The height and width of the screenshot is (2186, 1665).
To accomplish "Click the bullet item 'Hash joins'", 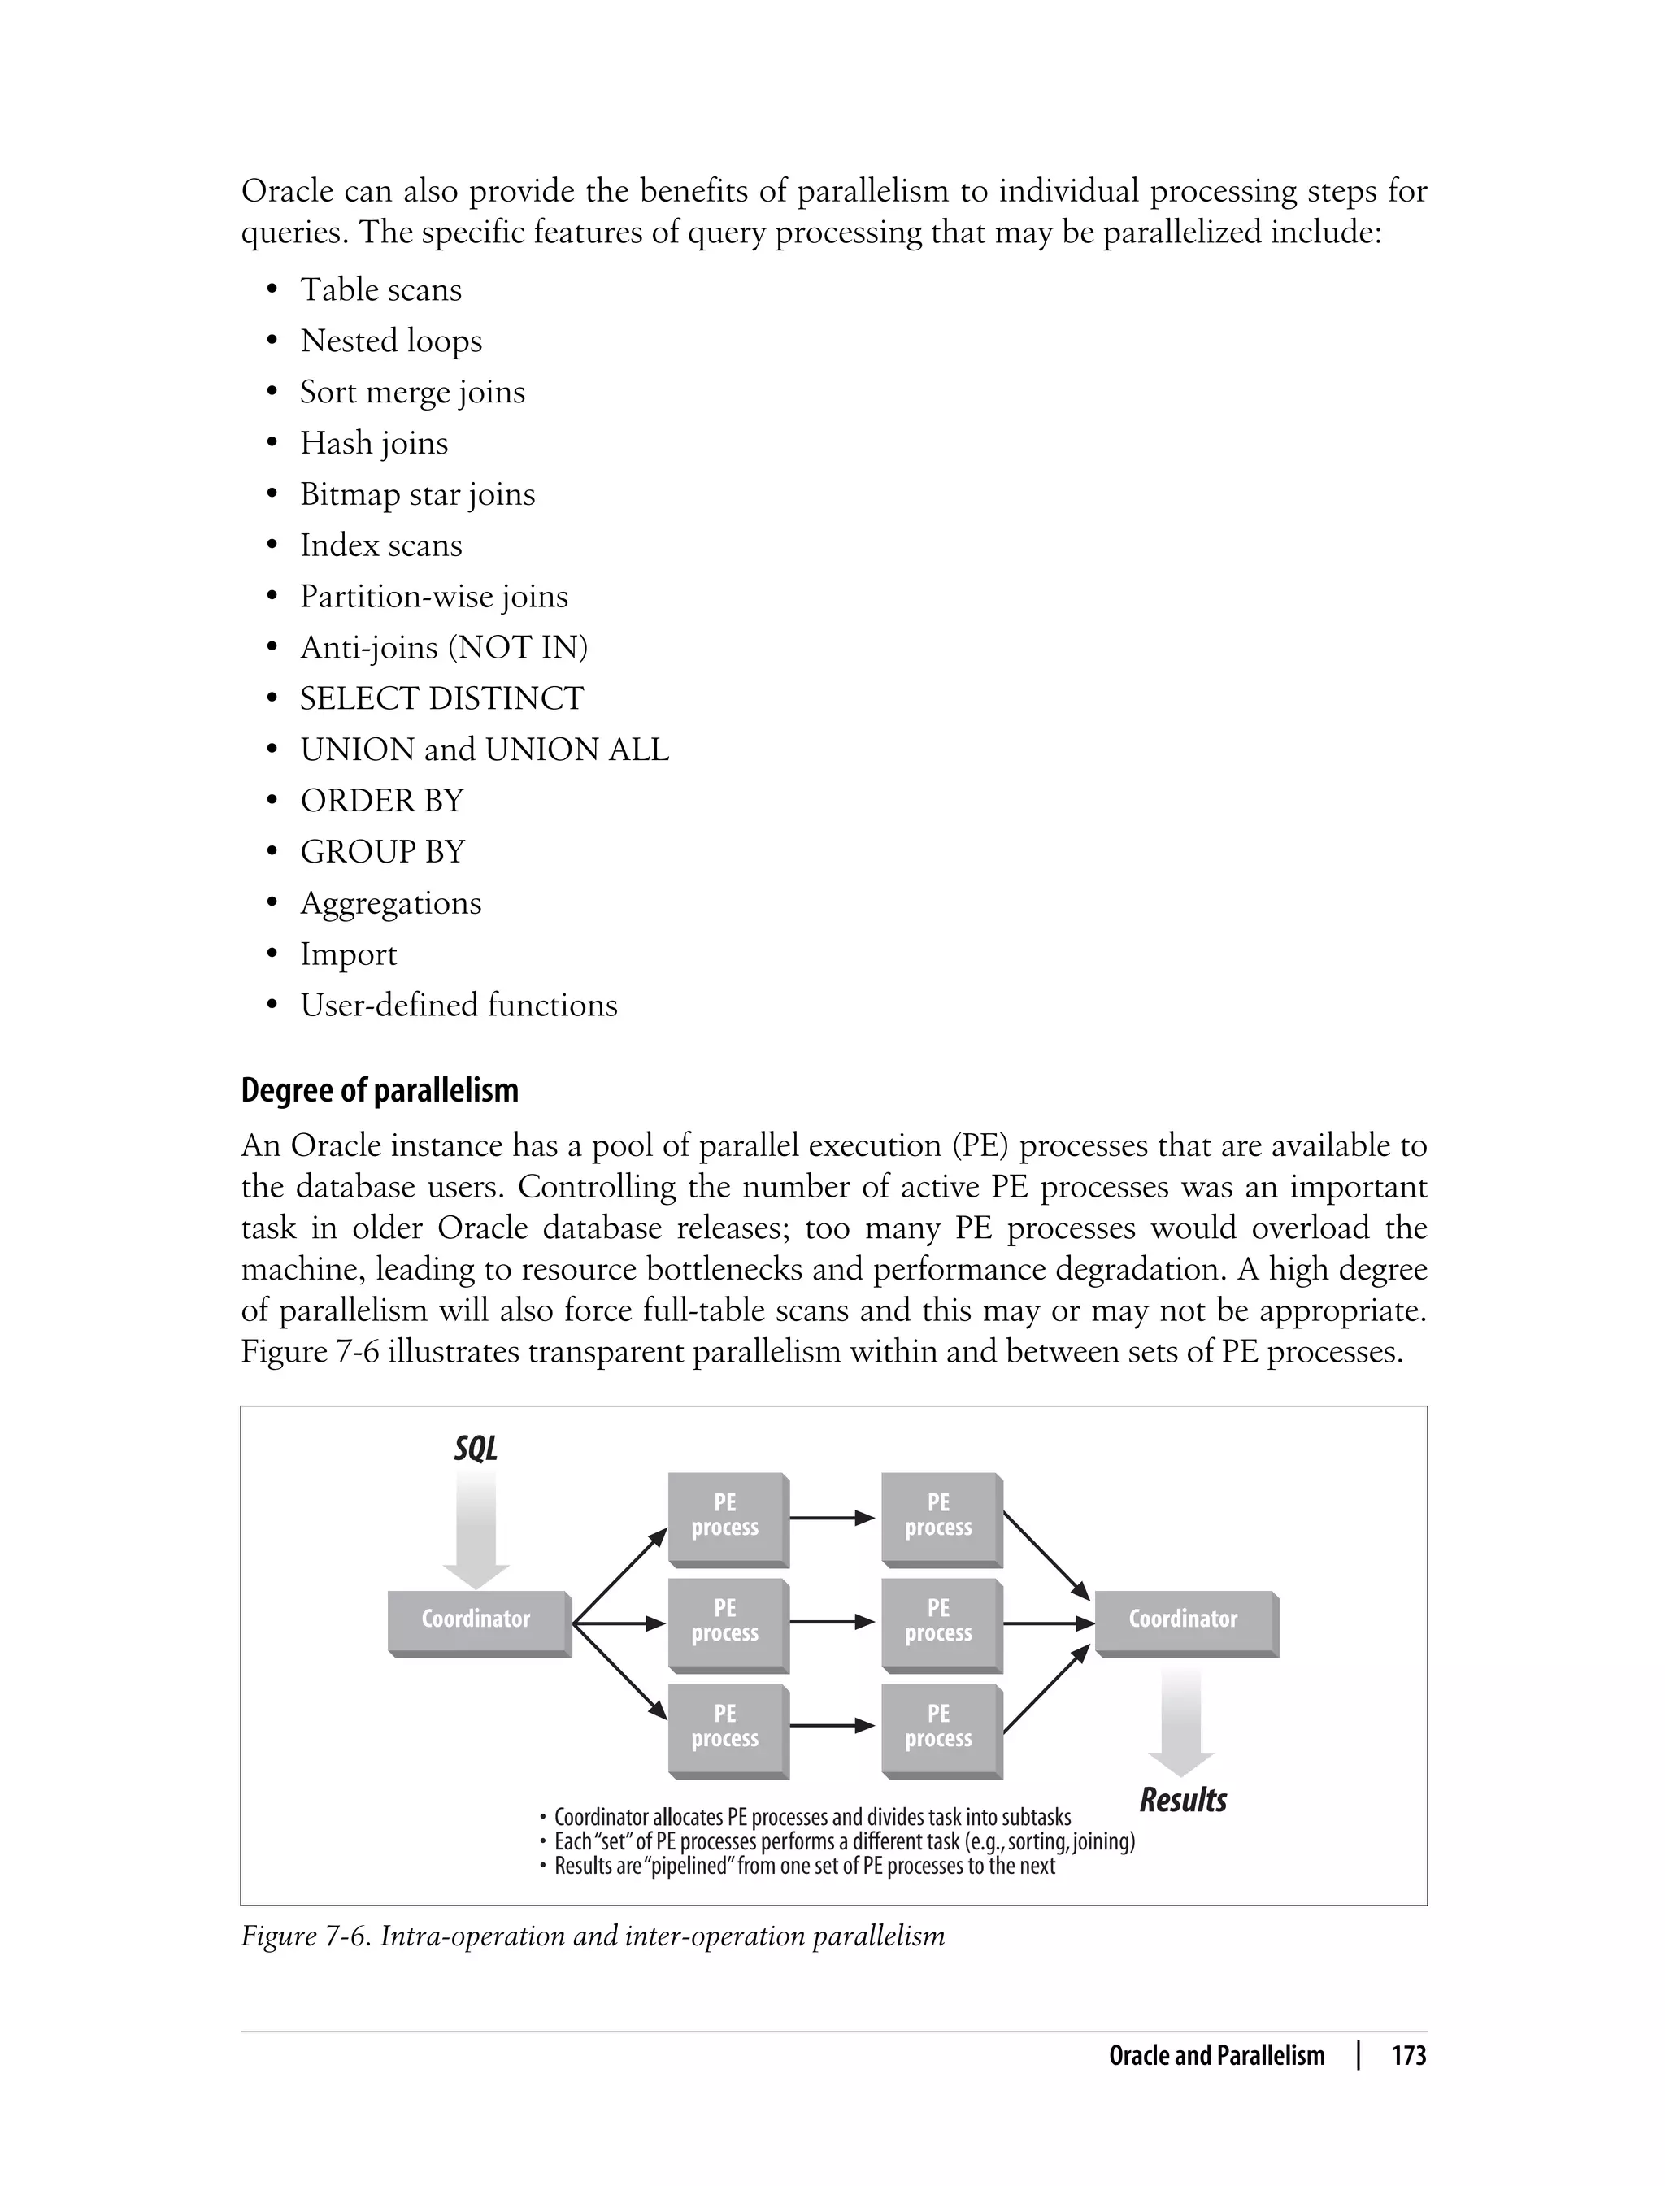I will point(374,443).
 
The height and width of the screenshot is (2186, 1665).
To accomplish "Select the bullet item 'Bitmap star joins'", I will point(417,494).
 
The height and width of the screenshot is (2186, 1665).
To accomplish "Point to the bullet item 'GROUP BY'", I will point(383,852).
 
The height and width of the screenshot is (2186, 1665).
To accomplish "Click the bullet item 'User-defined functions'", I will point(458,1006).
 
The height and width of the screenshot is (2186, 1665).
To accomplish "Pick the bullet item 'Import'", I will point(348,954).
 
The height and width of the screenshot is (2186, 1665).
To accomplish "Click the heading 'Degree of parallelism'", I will point(380,1090).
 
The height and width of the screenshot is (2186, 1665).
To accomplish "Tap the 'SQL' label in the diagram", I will point(476,1449).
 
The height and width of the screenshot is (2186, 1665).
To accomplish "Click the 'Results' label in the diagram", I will point(1182,1800).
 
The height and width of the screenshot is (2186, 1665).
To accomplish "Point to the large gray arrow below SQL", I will point(476,1526).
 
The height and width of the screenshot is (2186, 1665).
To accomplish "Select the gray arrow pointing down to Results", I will point(1181,1719).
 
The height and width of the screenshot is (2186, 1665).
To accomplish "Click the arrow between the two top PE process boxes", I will point(832,1517).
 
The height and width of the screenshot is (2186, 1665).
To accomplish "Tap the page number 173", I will point(1408,2056).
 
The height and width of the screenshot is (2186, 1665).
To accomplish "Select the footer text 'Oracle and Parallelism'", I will point(1216,2056).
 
